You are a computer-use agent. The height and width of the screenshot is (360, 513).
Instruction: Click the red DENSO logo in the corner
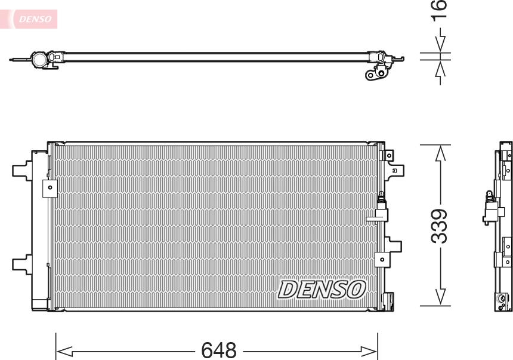(35, 19)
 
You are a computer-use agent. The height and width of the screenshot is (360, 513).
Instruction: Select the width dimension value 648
(219, 350)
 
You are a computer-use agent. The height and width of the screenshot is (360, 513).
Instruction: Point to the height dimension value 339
(440, 226)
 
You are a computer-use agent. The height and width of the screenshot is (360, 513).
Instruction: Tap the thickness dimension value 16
(440, 11)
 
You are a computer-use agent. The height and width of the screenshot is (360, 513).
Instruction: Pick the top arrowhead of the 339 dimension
(440, 153)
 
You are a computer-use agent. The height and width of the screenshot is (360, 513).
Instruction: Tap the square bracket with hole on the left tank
(50, 187)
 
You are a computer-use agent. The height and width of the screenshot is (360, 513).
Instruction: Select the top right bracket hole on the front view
(389, 155)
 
